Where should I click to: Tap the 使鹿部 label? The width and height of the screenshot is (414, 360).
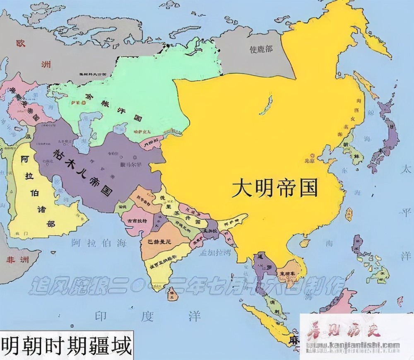(261, 49)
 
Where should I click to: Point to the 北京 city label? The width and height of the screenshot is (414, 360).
(310, 160)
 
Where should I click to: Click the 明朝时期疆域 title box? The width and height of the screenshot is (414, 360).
(66, 345)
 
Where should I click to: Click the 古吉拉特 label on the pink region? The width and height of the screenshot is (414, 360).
(137, 221)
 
